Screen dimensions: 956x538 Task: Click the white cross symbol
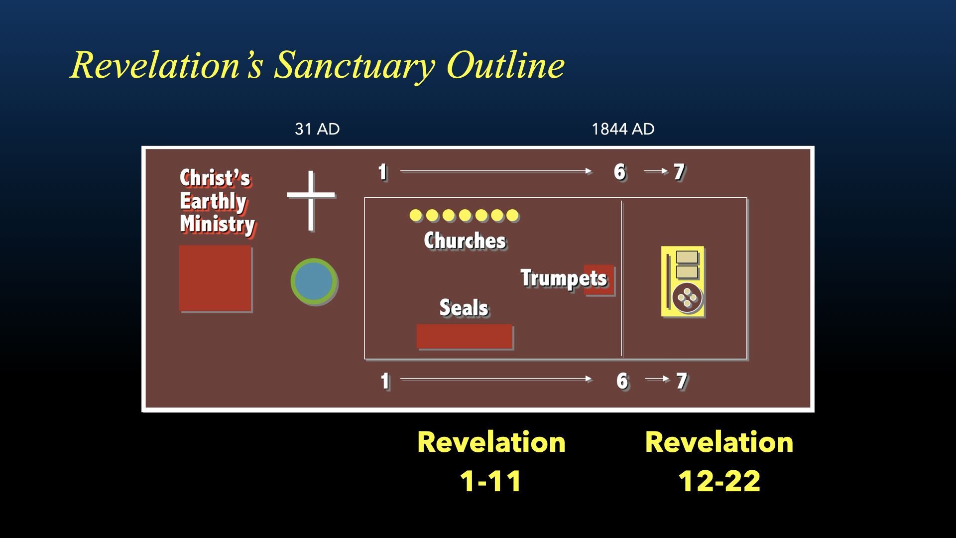pyautogui.click(x=311, y=195)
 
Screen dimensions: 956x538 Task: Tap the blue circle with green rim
pyautogui.click(x=314, y=281)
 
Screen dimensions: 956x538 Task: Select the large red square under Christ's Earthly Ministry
pyautogui.click(x=216, y=278)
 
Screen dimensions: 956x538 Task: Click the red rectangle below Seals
pyautogui.click(x=465, y=337)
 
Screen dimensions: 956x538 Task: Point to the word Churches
pyautogui.click(x=465, y=241)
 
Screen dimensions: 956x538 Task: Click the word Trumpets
pyautogui.click(x=564, y=278)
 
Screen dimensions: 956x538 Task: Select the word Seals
pyautogui.click(x=464, y=308)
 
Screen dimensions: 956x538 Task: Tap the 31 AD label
pyautogui.click(x=317, y=129)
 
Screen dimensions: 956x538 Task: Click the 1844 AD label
pyautogui.click(x=623, y=129)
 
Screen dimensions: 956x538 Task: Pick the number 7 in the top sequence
pyautogui.click(x=679, y=172)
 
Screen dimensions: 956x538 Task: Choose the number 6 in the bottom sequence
pyautogui.click(x=622, y=381)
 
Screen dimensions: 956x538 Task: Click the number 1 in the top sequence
pyautogui.click(x=382, y=172)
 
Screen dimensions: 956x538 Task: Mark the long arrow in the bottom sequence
pyautogui.click(x=496, y=379)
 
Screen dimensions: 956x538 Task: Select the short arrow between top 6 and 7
pyautogui.click(x=656, y=171)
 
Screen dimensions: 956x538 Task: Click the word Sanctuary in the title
pyautogui.click(x=354, y=66)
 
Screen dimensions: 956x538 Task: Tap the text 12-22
pyautogui.click(x=719, y=481)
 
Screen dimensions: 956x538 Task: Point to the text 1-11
pyautogui.click(x=490, y=481)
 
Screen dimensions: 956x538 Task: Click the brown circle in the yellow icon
pyautogui.click(x=687, y=298)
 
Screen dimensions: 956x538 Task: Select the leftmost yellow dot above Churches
pyautogui.click(x=416, y=216)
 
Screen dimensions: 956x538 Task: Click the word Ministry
pyautogui.click(x=218, y=224)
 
